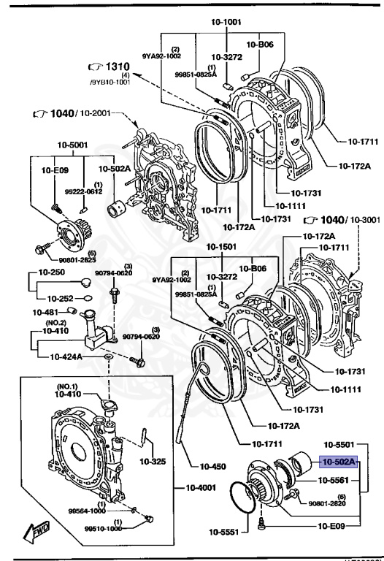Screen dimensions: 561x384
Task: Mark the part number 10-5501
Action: tap(339, 444)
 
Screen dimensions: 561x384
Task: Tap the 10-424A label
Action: tap(72, 357)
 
